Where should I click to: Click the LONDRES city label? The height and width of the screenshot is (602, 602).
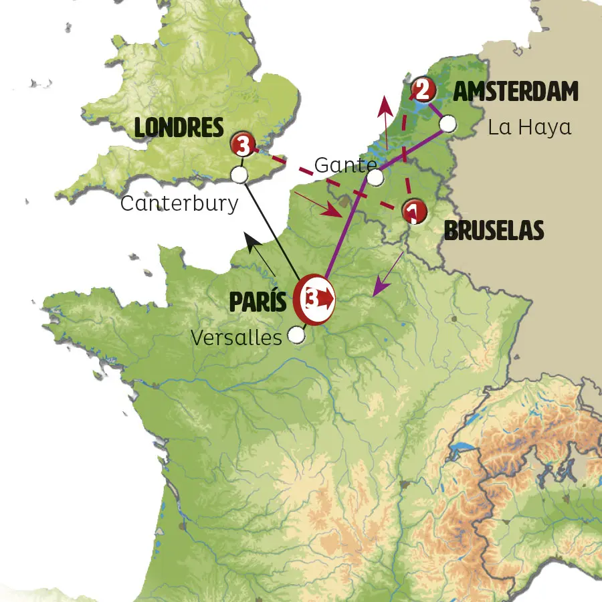(179, 127)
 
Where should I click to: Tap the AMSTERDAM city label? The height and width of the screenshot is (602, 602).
(516, 92)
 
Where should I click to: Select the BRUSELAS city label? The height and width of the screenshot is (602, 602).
(494, 231)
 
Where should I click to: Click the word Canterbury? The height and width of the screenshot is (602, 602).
(179, 203)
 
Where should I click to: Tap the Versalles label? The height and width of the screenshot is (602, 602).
(236, 338)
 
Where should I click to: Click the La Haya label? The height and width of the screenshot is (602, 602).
(530, 127)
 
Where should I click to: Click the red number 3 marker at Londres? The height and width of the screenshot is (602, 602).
(242, 144)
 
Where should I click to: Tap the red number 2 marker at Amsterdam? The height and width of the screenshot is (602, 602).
(422, 88)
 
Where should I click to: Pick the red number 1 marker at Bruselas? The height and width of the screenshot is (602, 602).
(415, 211)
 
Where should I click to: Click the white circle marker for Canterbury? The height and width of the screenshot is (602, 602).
(239, 175)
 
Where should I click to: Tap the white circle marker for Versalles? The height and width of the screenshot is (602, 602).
(296, 336)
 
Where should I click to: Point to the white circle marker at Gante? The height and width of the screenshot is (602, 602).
(376, 177)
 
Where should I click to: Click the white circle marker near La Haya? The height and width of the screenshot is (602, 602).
(447, 124)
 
